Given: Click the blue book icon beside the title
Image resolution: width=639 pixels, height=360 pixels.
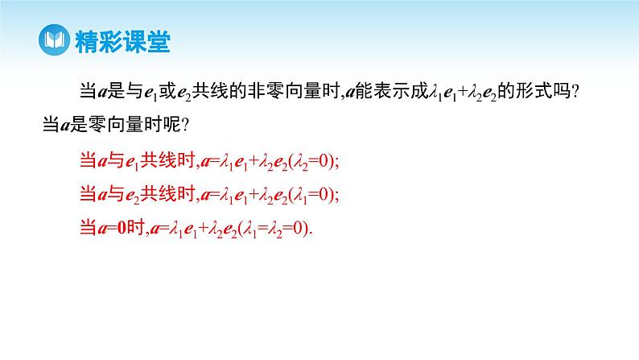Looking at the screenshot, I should click(x=55, y=40).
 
